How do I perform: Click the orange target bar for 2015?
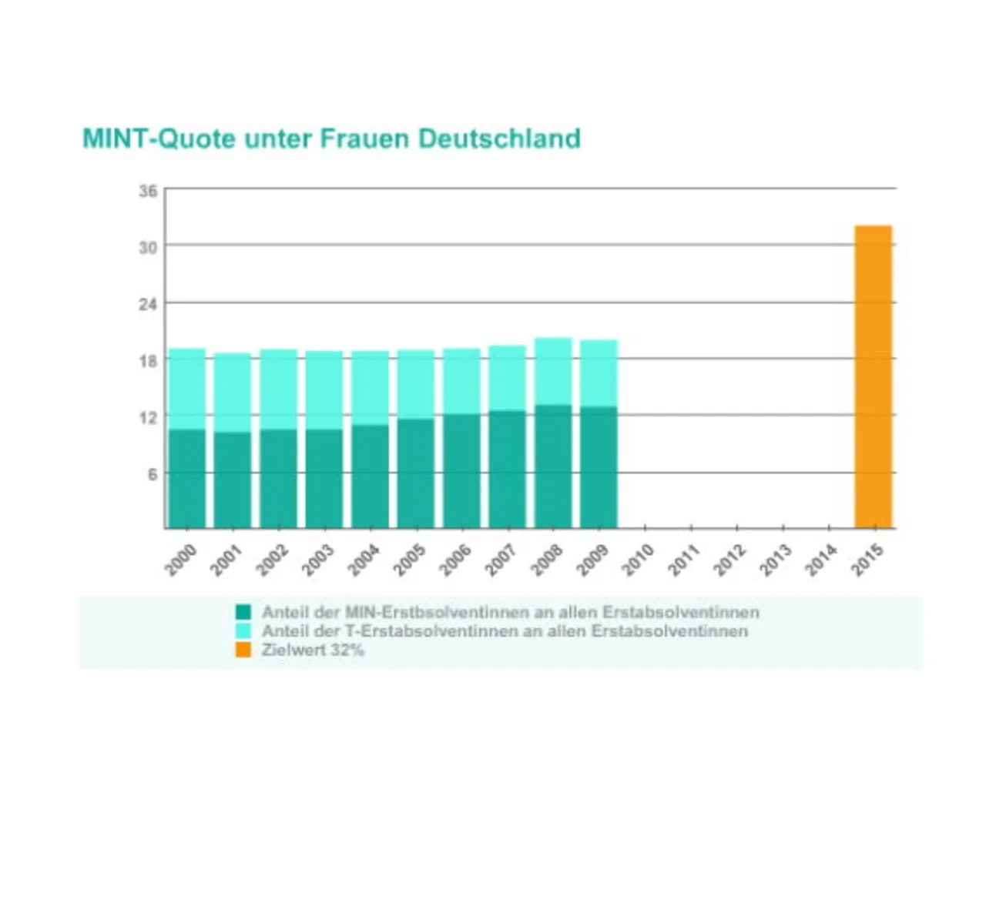click(873, 377)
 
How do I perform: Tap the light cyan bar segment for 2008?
click(553, 372)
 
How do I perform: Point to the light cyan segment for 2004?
click(370, 388)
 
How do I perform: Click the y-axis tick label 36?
click(148, 191)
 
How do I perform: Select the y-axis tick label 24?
click(148, 304)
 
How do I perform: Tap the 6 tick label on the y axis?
click(152, 474)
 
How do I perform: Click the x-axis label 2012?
click(729, 560)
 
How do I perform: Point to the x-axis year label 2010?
click(637, 560)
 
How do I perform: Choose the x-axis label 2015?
click(866, 560)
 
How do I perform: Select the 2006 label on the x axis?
click(454, 560)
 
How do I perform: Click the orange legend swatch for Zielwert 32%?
click(243, 650)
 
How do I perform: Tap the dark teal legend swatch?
click(243, 612)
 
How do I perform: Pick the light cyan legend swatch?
click(243, 630)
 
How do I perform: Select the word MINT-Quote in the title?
click(159, 139)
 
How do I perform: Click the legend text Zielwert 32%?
click(312, 650)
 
